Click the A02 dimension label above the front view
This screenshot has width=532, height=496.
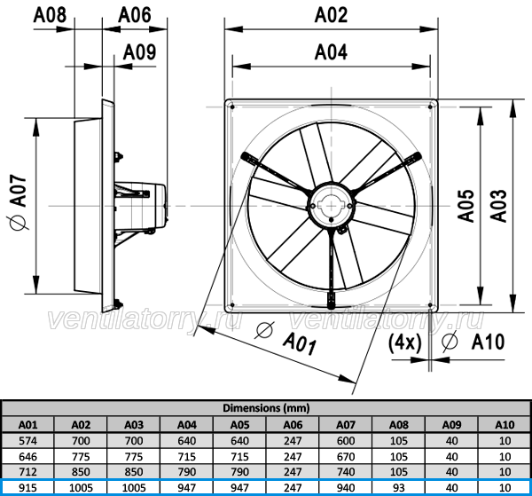pos(331,15)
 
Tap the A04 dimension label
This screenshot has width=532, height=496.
pos(331,52)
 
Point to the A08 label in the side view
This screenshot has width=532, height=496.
pos(50,15)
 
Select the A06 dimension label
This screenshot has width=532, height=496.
pos(135,15)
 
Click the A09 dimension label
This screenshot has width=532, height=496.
pos(139,52)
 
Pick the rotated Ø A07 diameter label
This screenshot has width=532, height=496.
pos(18,202)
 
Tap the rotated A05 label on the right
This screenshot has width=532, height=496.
pos(465,206)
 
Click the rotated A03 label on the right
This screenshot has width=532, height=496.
pos(498,206)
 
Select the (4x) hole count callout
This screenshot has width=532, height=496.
pos(405,342)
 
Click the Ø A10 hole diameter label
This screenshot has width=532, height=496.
pos(473,342)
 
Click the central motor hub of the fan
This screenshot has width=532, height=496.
pos(331,206)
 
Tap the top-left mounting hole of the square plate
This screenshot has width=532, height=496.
pos(232,107)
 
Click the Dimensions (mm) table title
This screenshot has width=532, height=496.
pos(266,408)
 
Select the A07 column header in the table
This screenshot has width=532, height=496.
pos(346,425)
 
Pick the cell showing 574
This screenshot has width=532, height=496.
pos(27,441)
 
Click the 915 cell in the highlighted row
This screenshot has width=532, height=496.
pos(27,488)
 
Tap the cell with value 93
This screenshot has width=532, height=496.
pos(399,488)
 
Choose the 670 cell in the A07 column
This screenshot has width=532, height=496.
pos(346,457)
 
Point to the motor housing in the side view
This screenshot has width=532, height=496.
pos(141,206)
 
